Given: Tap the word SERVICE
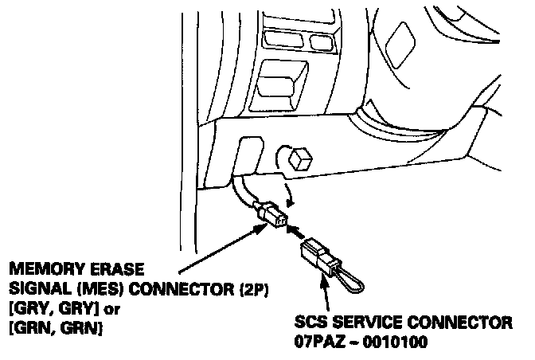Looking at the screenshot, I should tap(377, 323).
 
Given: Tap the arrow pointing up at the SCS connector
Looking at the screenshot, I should tap(324, 299).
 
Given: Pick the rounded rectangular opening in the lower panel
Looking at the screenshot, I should tap(248, 153).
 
